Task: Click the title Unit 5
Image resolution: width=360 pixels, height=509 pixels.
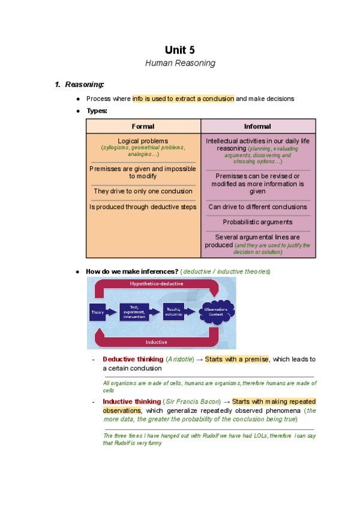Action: pos(180,50)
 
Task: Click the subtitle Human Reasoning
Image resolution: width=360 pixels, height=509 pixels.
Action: pos(180,63)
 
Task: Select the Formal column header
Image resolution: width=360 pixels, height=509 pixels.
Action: pos(143,127)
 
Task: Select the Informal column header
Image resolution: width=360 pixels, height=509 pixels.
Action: pos(257,127)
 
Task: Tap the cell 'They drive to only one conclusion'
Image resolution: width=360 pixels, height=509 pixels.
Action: pos(143,191)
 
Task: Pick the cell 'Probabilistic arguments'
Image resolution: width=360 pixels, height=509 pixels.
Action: pos(257,222)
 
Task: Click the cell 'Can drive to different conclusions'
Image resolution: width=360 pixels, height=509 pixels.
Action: pos(257,207)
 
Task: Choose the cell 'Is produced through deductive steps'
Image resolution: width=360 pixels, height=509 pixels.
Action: pos(143,207)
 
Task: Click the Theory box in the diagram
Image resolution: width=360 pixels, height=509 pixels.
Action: pos(97,312)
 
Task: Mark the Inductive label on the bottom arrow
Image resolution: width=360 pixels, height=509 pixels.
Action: pos(155,342)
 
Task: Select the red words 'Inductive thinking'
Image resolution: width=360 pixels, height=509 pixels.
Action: pos(131,402)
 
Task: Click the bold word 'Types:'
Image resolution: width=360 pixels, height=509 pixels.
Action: pos(97,111)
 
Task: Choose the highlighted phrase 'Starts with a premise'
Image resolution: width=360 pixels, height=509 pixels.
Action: pos(237,360)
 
